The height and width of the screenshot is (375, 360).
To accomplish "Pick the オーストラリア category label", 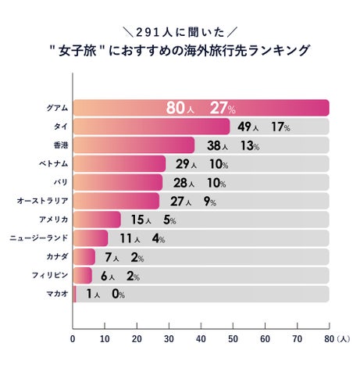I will click(x=40, y=201).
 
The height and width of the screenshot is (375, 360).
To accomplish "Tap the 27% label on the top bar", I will click(x=223, y=108).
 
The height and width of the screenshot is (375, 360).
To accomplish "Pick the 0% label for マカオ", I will click(x=117, y=294).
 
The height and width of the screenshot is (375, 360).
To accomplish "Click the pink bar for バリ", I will click(x=117, y=182).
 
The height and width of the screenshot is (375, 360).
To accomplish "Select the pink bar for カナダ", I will click(x=84, y=256).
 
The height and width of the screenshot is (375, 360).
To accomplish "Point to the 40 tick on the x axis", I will click(x=201, y=339).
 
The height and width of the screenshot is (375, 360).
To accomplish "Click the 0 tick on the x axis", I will click(x=73, y=339).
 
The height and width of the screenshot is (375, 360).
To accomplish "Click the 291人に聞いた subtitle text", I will click(x=180, y=32).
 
